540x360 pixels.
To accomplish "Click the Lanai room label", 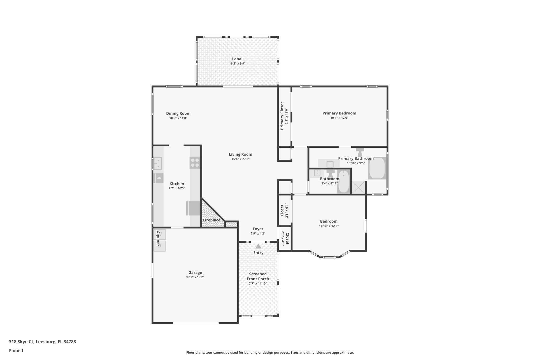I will click(x=237, y=59).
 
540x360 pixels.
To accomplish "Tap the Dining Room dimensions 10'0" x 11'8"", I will click(x=178, y=118).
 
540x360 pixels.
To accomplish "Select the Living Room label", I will click(x=240, y=155).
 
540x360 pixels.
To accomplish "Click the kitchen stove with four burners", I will click(x=195, y=162).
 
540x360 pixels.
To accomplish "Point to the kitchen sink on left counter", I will click(x=158, y=164).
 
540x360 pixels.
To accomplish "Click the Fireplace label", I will click(x=211, y=220).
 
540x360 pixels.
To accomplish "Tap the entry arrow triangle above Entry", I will click(x=258, y=246).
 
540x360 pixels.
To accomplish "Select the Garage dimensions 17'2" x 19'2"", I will click(x=195, y=277).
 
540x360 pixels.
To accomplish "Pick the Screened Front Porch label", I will click(x=258, y=276).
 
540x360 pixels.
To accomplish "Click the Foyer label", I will click(x=258, y=229).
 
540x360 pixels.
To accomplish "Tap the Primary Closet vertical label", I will click(x=282, y=116).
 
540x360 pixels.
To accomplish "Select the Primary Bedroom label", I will click(x=339, y=113).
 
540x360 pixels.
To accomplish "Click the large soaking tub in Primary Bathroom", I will click(x=377, y=168).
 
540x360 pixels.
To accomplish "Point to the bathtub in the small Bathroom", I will click(x=344, y=182).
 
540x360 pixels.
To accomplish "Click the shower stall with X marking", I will click(x=359, y=188).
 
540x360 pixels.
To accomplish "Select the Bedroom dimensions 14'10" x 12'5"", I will click(x=329, y=226).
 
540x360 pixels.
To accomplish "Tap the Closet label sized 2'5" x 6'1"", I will click(x=282, y=210).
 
